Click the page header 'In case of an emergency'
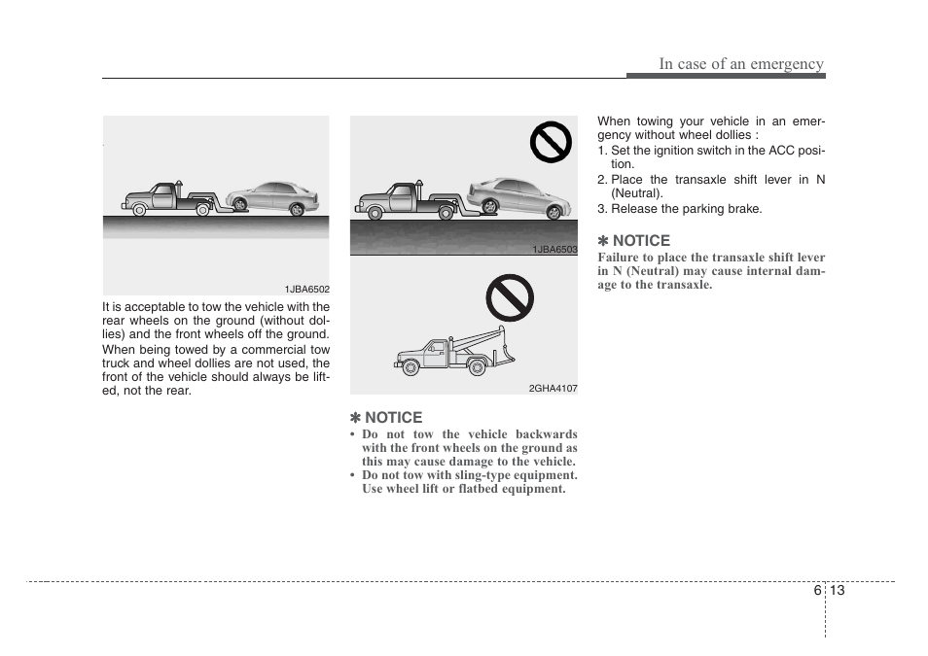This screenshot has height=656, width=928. (x=740, y=64)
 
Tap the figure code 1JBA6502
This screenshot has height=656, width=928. (x=306, y=290)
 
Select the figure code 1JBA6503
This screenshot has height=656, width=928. (x=553, y=250)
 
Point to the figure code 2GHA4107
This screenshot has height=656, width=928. (x=553, y=389)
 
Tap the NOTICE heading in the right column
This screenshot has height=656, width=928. (x=633, y=241)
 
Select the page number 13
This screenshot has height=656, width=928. (x=838, y=591)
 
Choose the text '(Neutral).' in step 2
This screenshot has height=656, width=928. (x=637, y=193)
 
